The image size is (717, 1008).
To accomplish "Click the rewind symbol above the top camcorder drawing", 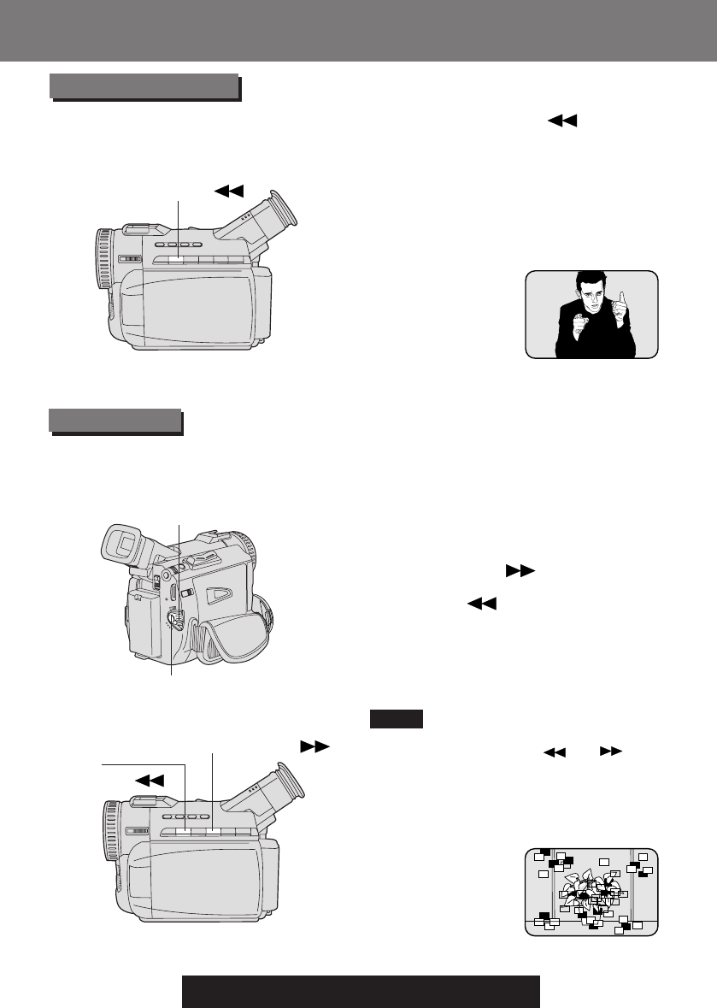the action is (231, 189).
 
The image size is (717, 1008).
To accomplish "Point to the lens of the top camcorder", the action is (103, 261).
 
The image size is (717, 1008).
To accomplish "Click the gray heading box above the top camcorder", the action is (143, 86).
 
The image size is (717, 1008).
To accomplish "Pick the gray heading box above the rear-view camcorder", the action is (115, 421).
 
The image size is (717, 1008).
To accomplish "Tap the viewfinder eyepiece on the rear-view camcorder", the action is (120, 545).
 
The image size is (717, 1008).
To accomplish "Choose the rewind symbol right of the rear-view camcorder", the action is (481, 604).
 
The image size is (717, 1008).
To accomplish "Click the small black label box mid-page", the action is (397, 719).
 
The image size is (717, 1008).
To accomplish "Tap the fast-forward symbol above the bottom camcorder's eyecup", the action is (314, 746).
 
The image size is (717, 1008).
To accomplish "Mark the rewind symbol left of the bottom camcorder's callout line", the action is (148, 779).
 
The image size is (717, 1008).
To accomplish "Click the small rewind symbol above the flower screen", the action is (555, 750).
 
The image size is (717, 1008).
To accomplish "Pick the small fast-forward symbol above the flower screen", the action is (609, 750).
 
